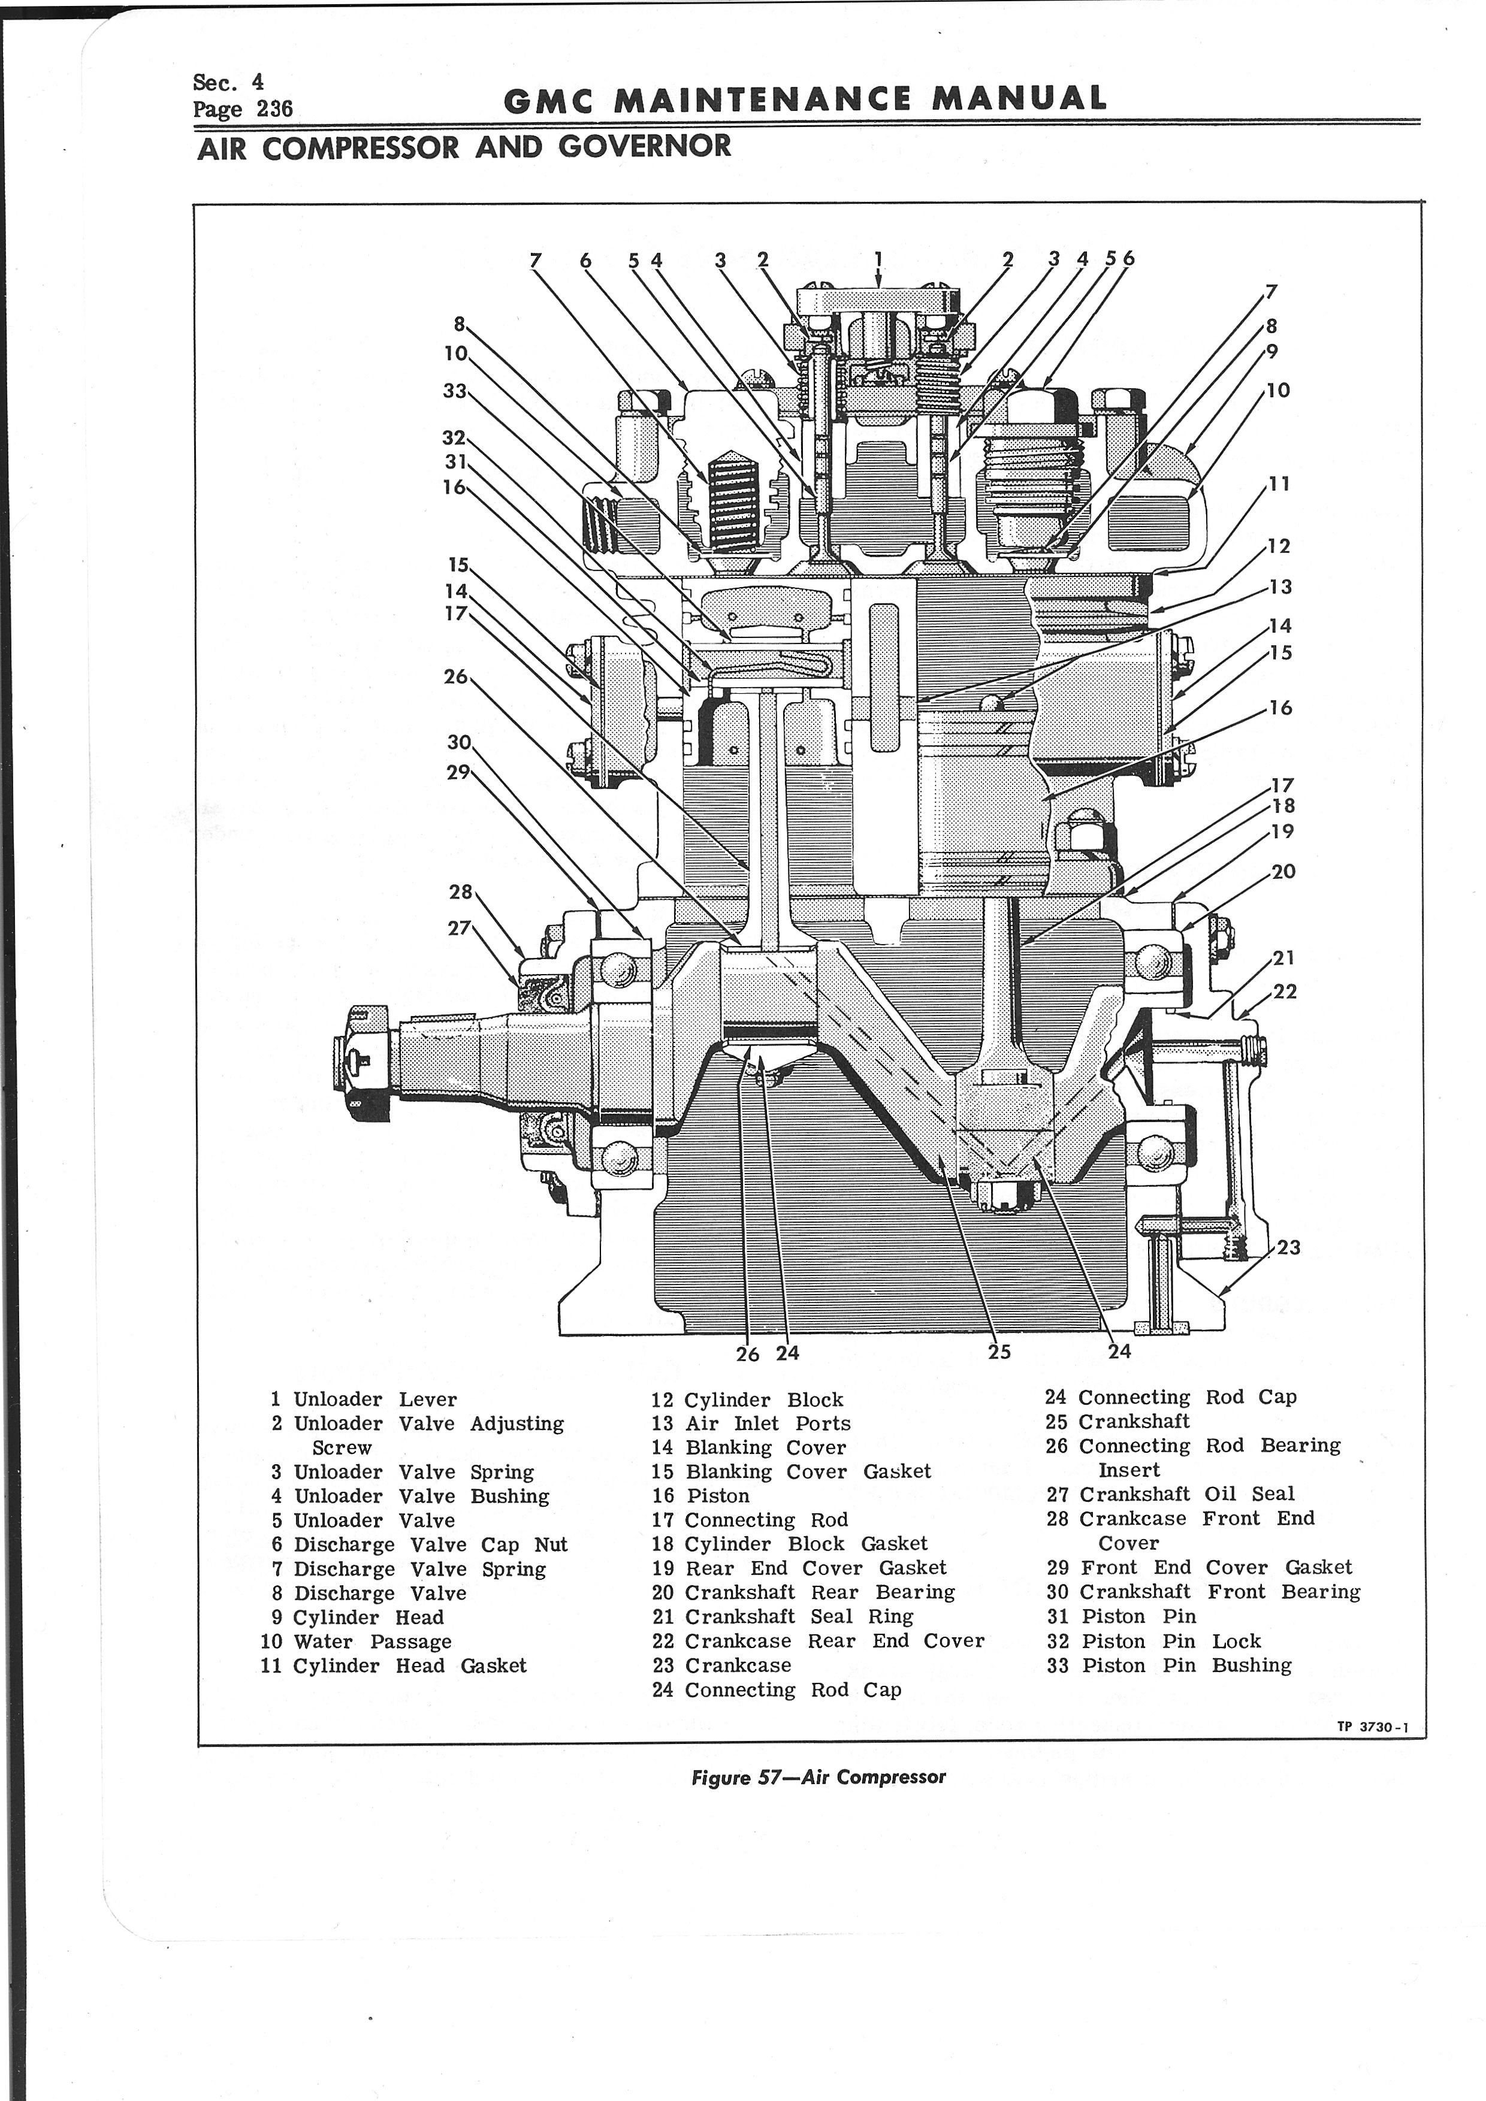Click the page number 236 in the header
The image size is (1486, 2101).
(274, 109)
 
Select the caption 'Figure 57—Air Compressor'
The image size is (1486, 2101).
(818, 1777)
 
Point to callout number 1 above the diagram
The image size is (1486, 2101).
(877, 258)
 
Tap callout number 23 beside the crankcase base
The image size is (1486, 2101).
(1288, 1247)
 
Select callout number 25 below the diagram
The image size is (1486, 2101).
(999, 1352)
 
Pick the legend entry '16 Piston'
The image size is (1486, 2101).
(701, 1495)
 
